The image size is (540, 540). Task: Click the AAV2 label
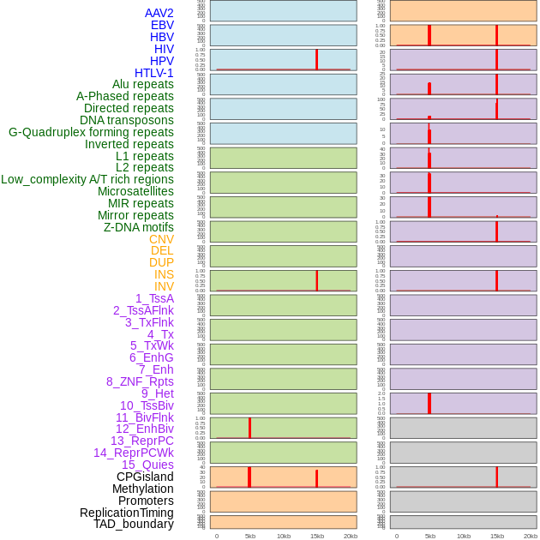159,13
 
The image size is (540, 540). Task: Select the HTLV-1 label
154,73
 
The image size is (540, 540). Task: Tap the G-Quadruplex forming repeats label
91,132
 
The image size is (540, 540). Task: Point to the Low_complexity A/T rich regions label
87,179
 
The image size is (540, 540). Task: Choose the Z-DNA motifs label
139,227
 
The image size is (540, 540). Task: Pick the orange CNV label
161,239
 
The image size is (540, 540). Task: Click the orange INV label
164,286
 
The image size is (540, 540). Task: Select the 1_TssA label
154,298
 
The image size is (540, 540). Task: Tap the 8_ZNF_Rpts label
140,381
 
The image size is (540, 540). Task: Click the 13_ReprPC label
141,441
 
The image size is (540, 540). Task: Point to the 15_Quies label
147,465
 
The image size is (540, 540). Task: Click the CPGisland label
145,477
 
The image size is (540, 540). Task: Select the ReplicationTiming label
127,513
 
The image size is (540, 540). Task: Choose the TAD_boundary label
134,524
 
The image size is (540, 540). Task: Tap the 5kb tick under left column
250,536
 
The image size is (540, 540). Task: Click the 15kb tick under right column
497,536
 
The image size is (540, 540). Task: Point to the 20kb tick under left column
351,536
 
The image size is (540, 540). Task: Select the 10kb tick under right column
464,536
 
